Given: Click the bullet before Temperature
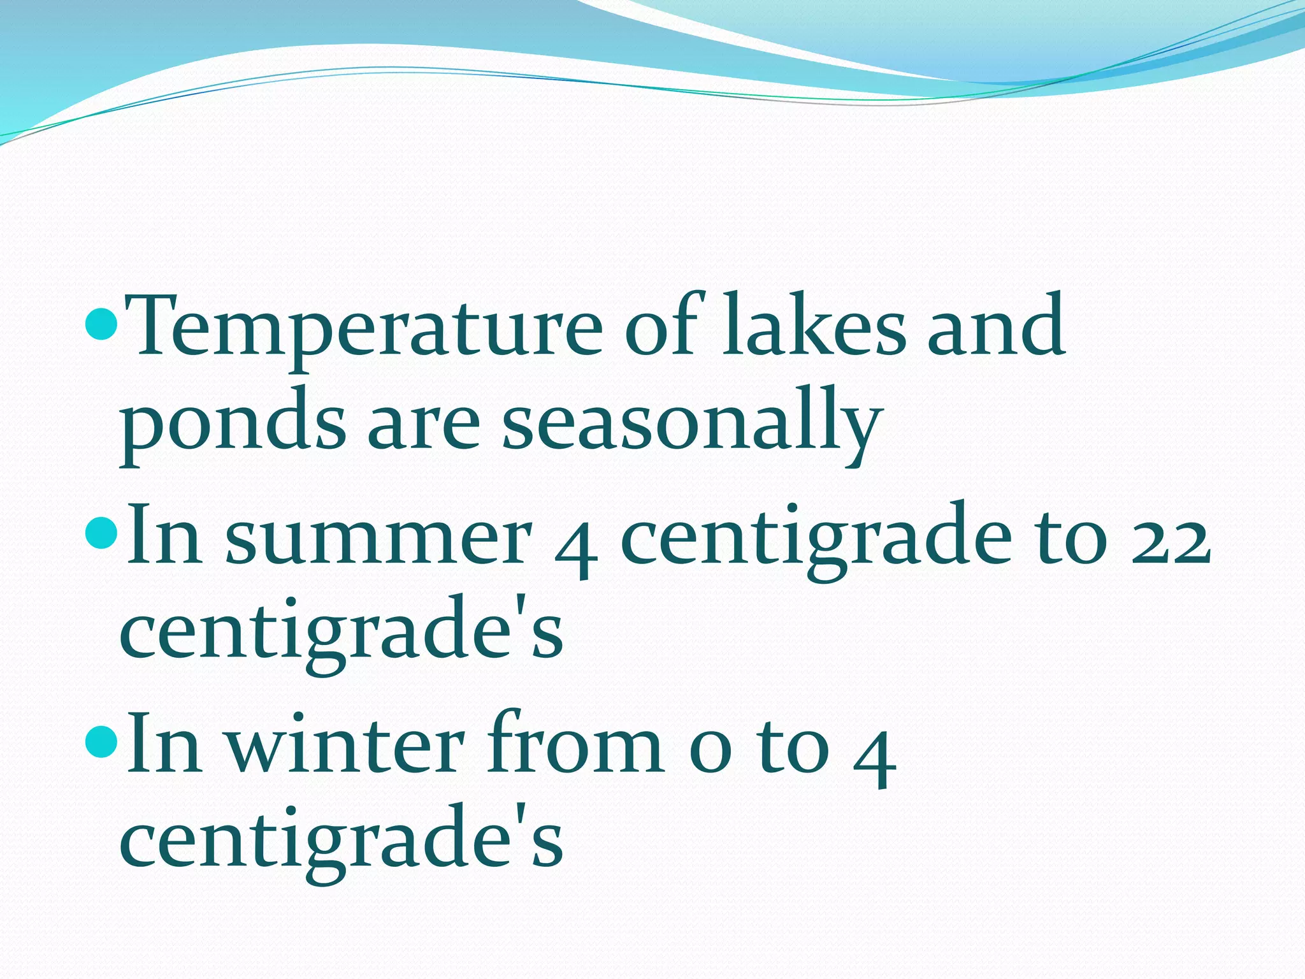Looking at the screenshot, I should click(x=101, y=323).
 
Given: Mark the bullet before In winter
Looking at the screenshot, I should click(x=101, y=741).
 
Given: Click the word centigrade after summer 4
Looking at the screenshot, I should click(x=816, y=542).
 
